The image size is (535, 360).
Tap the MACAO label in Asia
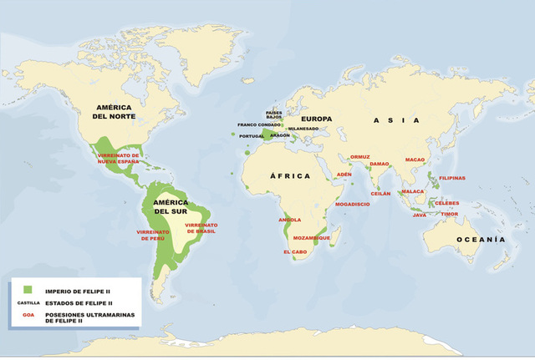point(415,159)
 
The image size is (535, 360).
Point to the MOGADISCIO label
point(351,203)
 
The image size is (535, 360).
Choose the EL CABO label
point(296,251)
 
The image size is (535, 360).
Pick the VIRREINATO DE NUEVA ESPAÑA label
point(118,159)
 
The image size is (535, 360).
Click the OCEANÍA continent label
point(481,240)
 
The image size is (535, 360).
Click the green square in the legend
point(28,288)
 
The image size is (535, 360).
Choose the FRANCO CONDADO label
point(258,124)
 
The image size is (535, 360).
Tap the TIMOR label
point(450,214)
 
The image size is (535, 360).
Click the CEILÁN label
point(381,193)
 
